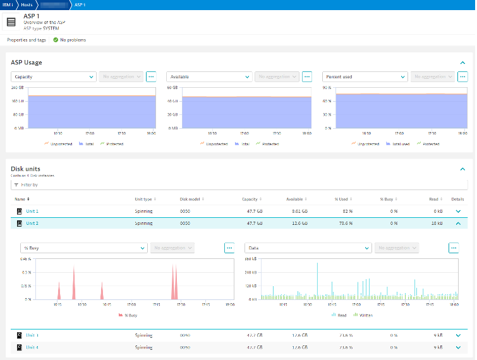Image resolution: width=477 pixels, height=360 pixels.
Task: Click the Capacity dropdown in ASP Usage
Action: [53, 76]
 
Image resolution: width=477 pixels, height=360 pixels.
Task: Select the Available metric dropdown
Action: [208, 76]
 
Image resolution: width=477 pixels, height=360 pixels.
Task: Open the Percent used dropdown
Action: [365, 76]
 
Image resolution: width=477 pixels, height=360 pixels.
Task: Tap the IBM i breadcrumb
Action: [8, 4]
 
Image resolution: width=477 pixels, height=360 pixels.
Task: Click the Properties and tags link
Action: [26, 40]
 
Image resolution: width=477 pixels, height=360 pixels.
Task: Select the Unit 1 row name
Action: [32, 211]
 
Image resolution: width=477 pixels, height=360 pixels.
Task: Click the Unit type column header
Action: [144, 199]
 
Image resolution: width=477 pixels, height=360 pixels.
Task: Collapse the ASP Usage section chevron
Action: [462, 63]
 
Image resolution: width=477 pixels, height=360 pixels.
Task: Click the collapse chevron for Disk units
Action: [462, 169]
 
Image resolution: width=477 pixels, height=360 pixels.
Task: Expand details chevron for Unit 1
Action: [458, 211]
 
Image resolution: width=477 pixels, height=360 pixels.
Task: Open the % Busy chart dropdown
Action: [84, 248]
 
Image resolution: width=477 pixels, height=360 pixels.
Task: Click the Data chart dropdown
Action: [308, 248]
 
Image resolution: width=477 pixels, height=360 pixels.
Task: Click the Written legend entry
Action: [365, 314]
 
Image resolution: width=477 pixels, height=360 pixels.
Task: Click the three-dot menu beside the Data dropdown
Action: [453, 248]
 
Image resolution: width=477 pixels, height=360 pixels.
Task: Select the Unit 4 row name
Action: [32, 347]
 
